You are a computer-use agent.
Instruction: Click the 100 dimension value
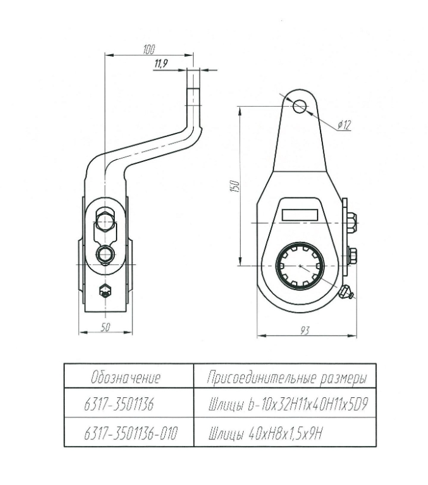(x=148, y=49)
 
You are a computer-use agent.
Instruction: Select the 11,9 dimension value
(x=161, y=64)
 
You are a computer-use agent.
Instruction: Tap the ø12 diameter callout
(x=346, y=125)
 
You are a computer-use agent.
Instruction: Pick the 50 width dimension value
(x=104, y=328)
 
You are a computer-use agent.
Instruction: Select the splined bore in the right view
(x=299, y=266)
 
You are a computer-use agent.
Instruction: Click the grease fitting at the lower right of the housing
(x=347, y=295)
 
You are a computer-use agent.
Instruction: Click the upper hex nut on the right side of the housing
(x=353, y=221)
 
